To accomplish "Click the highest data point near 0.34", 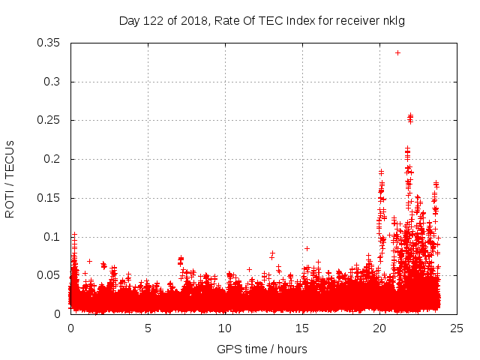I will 397,52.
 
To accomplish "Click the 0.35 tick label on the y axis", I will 49,43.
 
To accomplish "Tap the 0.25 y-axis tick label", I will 49,120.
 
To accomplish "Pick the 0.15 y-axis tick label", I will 49,198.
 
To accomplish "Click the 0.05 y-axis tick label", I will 49,275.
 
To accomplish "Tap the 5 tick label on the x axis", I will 148,328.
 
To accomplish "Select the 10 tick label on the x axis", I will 225,328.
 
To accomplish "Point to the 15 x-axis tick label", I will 302,328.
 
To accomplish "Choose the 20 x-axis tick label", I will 379,328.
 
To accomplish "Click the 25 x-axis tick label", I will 457,328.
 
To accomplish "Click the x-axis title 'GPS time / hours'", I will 262,349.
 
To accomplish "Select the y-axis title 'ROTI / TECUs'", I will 10,178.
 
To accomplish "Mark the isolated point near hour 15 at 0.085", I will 307,248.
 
